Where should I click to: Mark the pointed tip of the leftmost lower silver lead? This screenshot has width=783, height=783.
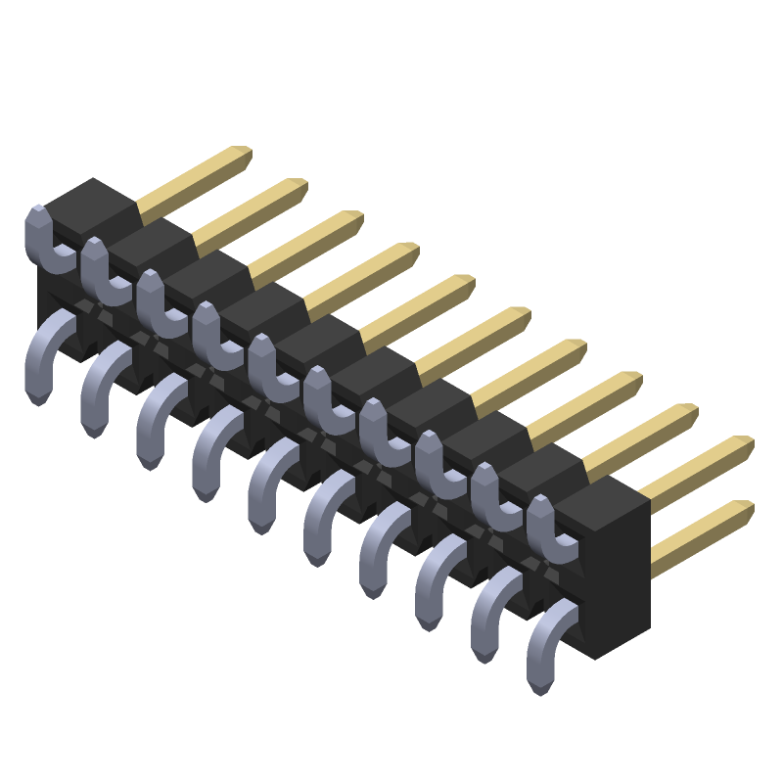coord(38,396)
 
